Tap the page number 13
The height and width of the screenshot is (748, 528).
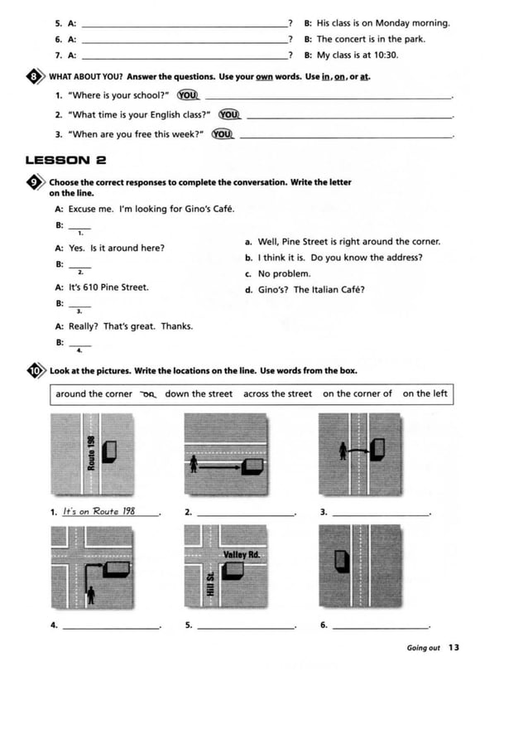(454, 648)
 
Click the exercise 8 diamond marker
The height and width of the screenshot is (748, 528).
(34, 77)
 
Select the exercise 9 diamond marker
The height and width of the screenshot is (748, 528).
(34, 183)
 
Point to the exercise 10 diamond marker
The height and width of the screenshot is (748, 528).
(34, 371)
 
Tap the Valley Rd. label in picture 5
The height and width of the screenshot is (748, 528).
(241, 553)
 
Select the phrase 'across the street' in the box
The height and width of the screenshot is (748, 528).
(277, 394)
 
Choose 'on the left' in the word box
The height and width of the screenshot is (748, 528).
(425, 394)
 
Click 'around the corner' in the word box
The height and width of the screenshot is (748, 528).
(94, 394)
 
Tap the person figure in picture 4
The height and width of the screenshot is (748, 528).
(93, 594)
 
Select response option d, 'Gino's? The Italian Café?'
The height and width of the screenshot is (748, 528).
(305, 290)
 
